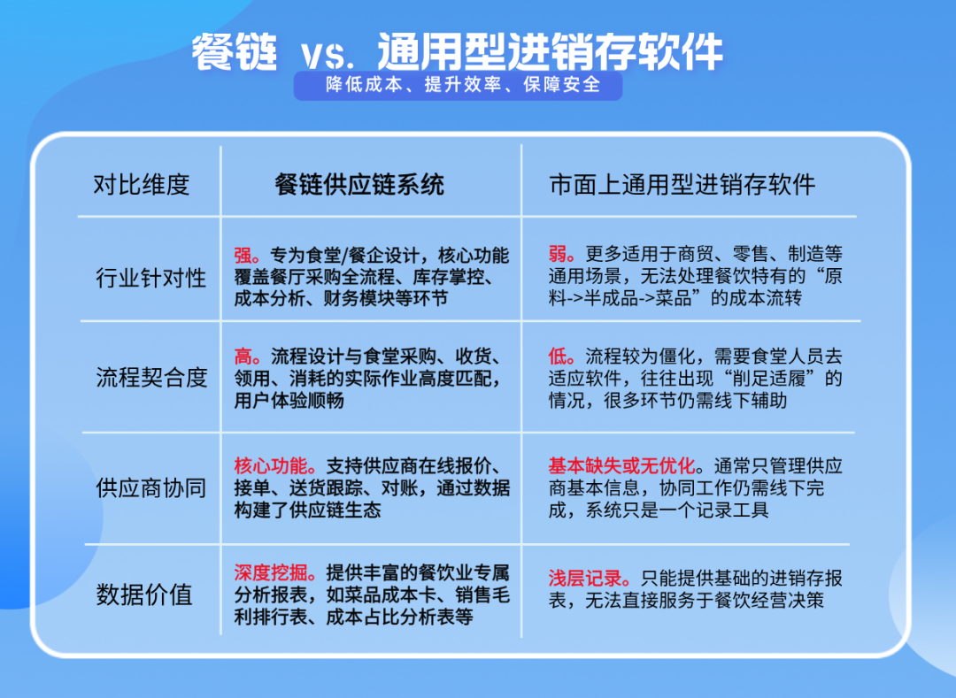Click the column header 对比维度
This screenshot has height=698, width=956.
(x=142, y=185)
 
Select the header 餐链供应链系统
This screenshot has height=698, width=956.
(x=359, y=185)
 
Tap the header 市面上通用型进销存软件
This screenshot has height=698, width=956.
(x=682, y=185)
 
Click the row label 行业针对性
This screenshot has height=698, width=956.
(x=151, y=278)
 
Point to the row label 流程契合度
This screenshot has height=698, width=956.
(x=151, y=378)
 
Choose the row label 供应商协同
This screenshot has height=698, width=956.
(x=151, y=487)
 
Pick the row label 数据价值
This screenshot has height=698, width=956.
(x=144, y=594)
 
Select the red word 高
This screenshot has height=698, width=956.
(x=243, y=357)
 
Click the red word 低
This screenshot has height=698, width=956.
(x=557, y=357)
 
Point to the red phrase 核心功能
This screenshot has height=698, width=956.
(x=269, y=466)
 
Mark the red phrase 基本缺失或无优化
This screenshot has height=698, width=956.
(x=621, y=466)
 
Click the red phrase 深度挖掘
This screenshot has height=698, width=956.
(x=269, y=572)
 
